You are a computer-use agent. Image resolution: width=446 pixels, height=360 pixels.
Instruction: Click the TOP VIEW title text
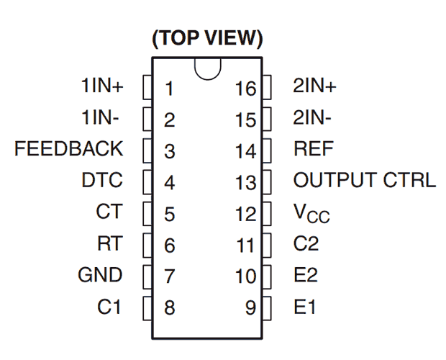point(207,38)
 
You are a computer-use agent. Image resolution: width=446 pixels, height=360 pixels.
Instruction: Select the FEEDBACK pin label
point(68,148)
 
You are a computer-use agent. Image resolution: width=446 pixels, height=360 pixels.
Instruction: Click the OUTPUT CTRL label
point(365,180)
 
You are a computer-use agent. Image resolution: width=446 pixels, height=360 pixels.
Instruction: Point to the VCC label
point(311,213)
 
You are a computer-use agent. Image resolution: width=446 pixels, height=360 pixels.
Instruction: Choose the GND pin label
point(100,275)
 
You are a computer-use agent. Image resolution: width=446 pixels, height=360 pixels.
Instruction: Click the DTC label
point(102,180)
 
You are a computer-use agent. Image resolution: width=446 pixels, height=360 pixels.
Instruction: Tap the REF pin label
point(314,148)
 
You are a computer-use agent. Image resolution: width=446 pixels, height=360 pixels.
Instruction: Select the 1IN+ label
point(102,85)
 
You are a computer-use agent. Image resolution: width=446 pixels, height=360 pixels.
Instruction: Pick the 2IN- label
point(312,117)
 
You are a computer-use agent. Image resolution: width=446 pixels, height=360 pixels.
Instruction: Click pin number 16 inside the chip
point(246,89)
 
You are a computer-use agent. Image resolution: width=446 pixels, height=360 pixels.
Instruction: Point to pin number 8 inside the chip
point(170,307)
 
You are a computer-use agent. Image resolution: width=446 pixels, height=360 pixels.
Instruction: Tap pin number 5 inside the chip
point(170,214)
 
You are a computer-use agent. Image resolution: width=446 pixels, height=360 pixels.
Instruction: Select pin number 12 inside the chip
point(246,214)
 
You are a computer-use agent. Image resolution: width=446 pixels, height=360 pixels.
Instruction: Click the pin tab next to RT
point(147,246)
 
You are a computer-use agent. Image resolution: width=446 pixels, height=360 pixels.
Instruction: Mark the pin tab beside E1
point(267,308)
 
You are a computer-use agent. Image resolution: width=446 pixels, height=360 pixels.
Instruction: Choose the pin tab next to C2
point(267,246)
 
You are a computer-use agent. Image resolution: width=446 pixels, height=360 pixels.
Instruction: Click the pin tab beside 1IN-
point(147,119)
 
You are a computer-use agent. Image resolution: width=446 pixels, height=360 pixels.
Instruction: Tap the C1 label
point(109,307)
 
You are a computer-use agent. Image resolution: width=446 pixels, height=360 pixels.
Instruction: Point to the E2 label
point(306,275)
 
